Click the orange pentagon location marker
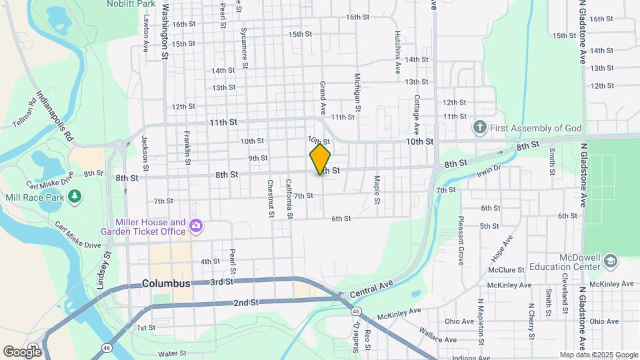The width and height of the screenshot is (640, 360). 320,159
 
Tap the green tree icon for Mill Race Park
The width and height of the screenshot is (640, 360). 75,195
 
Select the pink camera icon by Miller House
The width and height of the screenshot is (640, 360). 195,226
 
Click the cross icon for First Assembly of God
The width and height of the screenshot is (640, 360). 479,127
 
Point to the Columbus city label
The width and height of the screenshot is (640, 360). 166,283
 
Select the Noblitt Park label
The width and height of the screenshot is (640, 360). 131,4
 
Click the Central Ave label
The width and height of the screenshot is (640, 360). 371,287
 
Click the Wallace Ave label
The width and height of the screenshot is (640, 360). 438,338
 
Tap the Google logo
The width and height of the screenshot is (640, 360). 22,351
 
